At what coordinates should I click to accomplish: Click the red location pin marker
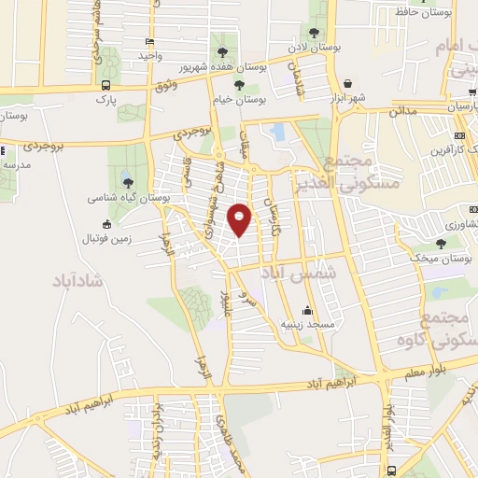[x=240, y=219]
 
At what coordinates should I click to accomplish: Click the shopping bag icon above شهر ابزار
[x=347, y=84]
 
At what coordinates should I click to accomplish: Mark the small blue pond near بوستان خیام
[x=278, y=133]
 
